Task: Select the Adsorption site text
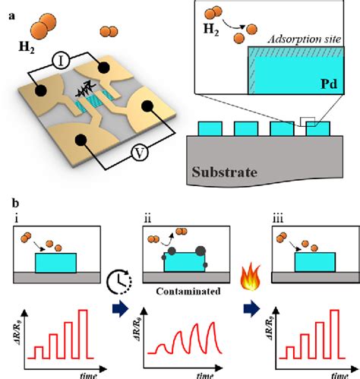pyautogui.click(x=305, y=40)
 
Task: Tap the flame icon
pyautogui.click(x=246, y=283)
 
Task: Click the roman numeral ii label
pyautogui.click(x=136, y=220)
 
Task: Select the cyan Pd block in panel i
pyautogui.click(x=55, y=263)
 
